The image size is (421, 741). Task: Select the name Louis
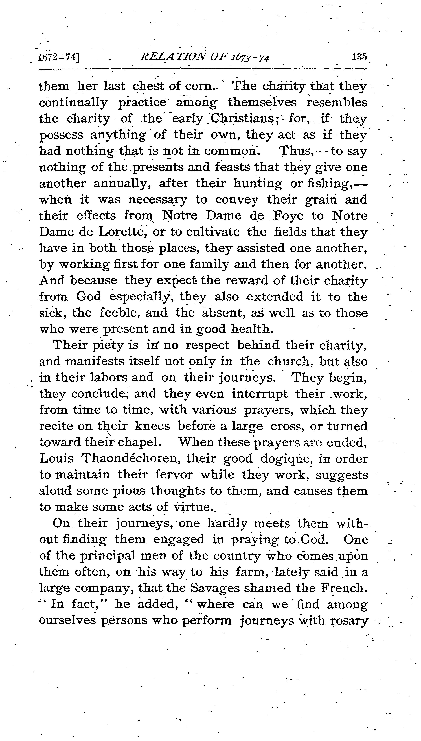coord(56,459)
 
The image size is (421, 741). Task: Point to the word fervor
coord(174,475)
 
